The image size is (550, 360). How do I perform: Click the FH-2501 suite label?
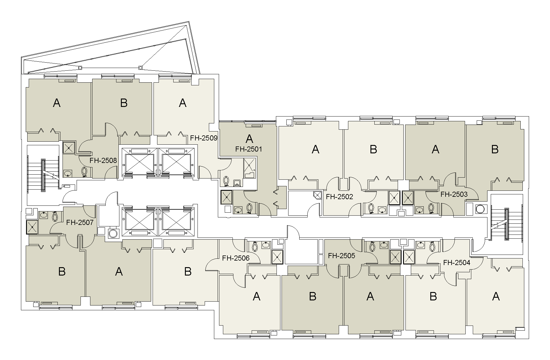248,149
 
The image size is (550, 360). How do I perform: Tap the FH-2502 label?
339,197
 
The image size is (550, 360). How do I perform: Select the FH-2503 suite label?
454,194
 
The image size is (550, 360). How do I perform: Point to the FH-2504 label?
457,263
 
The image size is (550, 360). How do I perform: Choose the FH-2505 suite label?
341,256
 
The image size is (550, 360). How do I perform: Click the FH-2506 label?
236,258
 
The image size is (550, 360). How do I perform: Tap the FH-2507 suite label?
80,223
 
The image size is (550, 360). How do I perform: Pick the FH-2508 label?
103,161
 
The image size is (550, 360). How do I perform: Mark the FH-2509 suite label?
204,138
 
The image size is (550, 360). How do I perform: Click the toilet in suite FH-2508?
84,172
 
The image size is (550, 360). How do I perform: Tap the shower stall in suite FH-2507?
32,227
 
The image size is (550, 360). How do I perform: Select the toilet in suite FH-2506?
255,246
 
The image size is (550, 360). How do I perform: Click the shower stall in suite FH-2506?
277,257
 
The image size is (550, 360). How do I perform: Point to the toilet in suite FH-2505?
372,246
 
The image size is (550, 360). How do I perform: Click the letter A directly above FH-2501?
249,139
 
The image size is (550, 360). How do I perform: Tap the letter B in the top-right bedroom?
495,149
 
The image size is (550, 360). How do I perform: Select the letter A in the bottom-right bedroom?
496,297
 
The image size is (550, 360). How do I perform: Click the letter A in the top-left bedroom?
57,103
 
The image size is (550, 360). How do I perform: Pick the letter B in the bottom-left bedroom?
62,271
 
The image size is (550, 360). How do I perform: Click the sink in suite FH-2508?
68,173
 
